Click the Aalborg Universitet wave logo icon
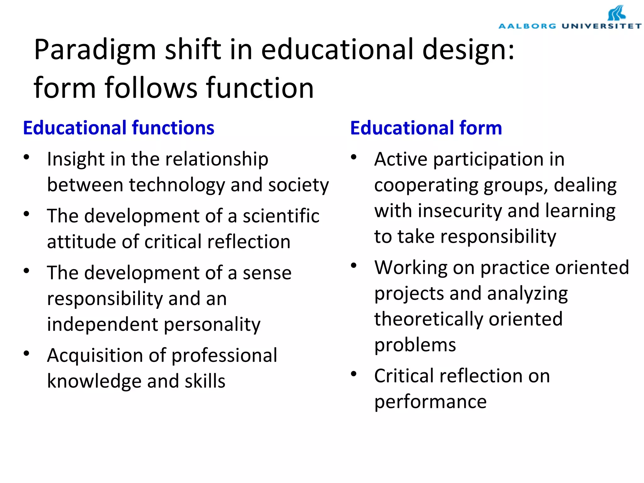616,13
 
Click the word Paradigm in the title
95,50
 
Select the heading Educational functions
119,128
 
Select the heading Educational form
426,128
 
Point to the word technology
177,185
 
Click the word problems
415,345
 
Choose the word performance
430,402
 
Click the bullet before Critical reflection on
354,374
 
